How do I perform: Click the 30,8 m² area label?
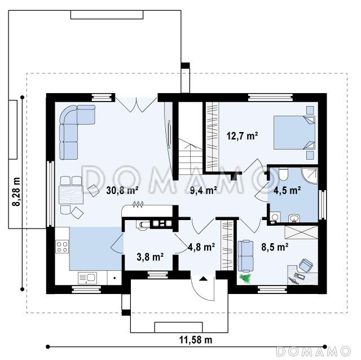click(122, 191)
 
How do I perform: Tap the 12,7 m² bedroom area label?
click(242, 136)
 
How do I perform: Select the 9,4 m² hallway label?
click(203, 191)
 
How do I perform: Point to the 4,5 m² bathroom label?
click(287, 191)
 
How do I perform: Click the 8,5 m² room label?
click(275, 247)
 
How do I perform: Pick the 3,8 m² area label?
click(150, 257)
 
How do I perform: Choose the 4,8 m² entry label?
click(202, 247)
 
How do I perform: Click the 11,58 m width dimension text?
click(196, 340)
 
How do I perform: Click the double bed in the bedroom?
click(294, 133)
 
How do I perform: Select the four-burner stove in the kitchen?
click(62, 247)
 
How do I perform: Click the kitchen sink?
click(87, 278)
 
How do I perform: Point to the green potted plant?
click(245, 278)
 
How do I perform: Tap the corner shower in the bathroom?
click(310, 176)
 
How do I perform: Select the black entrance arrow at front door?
click(203, 279)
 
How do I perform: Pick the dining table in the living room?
click(71, 195)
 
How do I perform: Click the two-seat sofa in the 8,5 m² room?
click(245, 256)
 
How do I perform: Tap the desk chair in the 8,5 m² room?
click(306, 265)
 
